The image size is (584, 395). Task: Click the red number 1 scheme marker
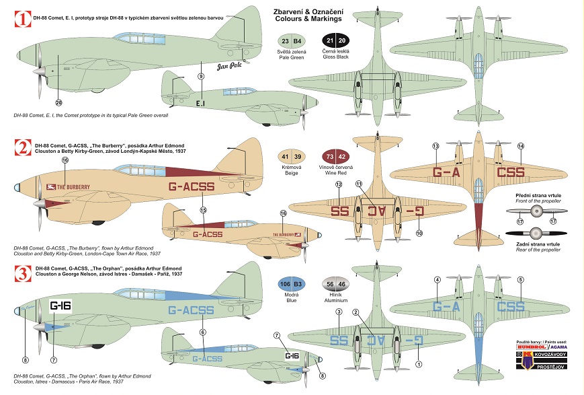click(23, 20)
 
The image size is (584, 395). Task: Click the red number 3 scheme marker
click(23, 274)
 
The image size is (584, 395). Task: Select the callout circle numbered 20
click(58, 102)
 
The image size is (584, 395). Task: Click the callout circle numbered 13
click(435, 146)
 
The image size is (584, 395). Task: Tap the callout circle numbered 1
click(418, 364)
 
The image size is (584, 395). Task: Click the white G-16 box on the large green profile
click(60, 306)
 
